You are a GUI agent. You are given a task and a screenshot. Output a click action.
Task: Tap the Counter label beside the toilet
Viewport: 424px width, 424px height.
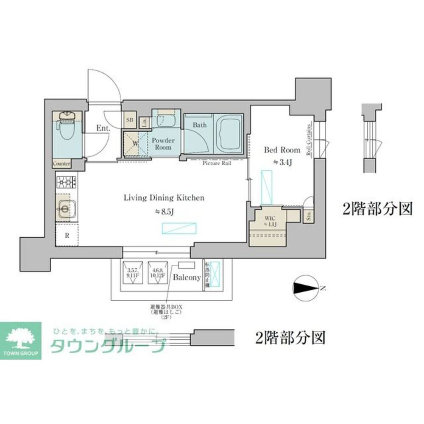coord(61,163)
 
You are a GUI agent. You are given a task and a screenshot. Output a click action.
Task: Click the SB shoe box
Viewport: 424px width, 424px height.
coord(130,120)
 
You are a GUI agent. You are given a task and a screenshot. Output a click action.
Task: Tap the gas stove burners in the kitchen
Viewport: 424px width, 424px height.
coord(66,183)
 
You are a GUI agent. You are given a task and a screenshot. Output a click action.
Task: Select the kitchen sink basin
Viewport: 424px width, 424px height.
coord(64,207)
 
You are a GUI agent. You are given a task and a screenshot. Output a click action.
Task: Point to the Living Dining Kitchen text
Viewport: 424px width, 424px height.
coord(164,198)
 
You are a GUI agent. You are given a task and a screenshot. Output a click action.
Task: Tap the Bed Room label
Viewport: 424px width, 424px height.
coord(282,150)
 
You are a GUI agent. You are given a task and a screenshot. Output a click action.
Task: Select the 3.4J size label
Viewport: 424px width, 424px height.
coord(282,162)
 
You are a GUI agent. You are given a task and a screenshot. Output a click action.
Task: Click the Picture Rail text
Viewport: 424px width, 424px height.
coord(216,163)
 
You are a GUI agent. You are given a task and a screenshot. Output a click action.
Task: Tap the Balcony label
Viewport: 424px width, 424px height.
coord(187,278)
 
